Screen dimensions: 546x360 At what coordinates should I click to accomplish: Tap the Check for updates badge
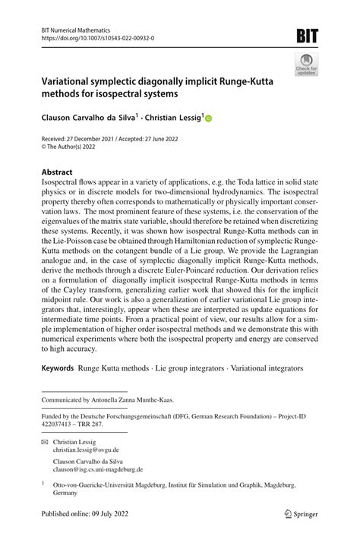tap(307, 66)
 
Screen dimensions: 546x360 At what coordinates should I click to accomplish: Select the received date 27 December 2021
tap(93, 140)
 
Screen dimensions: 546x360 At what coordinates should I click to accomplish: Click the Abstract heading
tap(56, 172)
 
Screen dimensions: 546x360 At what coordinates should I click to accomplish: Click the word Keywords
tap(58, 368)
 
